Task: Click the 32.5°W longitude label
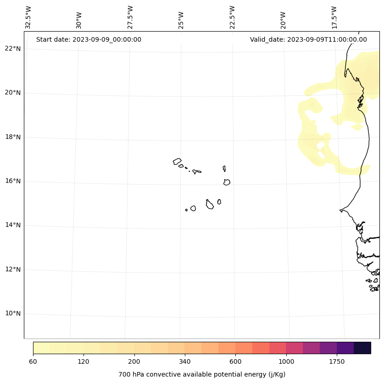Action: click(x=28, y=17)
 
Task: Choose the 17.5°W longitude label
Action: click(x=334, y=17)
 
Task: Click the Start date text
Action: click(x=89, y=39)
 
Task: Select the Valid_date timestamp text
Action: click(x=308, y=39)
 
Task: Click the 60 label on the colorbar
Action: click(x=33, y=361)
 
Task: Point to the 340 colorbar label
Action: click(x=184, y=361)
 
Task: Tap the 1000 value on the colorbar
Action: click(x=286, y=361)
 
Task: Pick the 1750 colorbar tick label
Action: click(x=337, y=361)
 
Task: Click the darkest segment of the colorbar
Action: click(x=362, y=348)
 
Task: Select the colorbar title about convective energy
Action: click(x=202, y=374)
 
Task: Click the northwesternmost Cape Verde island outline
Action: click(x=177, y=161)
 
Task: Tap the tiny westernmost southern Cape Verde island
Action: click(x=186, y=210)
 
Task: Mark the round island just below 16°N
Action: click(x=227, y=182)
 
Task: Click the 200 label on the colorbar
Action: click(x=134, y=361)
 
